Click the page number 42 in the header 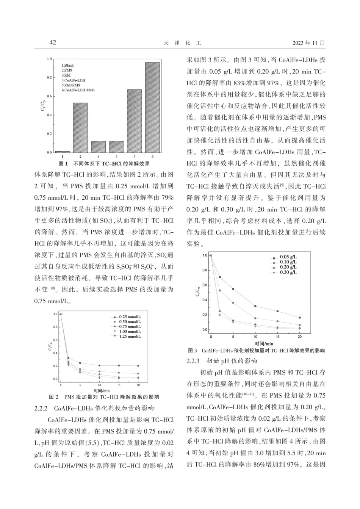(x=53, y=42)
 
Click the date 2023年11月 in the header (x=309, y=43)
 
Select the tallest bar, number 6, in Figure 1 (x=152, y=107)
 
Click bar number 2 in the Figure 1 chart (x=80, y=128)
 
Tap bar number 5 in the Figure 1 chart (x=134, y=121)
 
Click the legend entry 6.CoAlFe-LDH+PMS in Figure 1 (x=78, y=90)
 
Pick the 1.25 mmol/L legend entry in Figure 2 (x=128, y=336)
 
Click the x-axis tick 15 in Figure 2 (x=119, y=385)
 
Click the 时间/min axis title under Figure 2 (x=101, y=390)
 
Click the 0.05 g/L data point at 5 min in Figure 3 (x=233, y=289)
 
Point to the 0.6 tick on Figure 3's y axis (x=205, y=285)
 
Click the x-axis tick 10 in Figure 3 (x=255, y=337)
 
